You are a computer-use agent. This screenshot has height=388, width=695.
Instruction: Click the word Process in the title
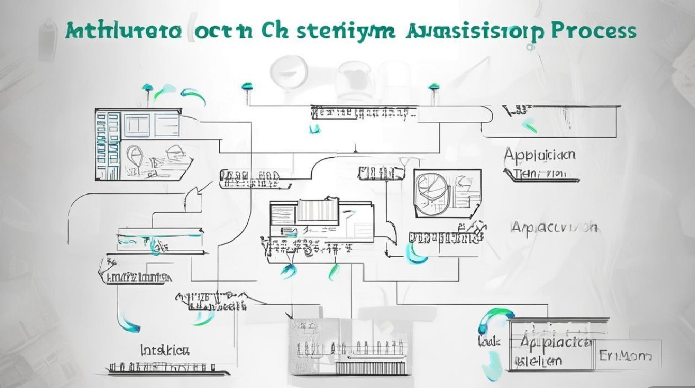click(594, 31)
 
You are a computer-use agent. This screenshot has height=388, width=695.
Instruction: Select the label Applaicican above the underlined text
click(539, 155)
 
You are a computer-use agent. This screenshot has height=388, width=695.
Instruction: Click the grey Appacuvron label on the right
click(554, 227)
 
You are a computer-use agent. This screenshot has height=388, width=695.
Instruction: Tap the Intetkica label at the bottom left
click(165, 350)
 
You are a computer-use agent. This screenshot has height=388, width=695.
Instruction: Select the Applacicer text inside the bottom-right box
click(555, 341)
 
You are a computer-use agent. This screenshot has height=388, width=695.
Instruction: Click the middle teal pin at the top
click(247, 86)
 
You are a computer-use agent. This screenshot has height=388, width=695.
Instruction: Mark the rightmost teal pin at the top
click(433, 87)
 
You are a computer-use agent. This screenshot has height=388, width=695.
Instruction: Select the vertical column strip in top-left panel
click(101, 145)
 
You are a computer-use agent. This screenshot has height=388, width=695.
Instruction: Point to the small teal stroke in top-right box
click(528, 125)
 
